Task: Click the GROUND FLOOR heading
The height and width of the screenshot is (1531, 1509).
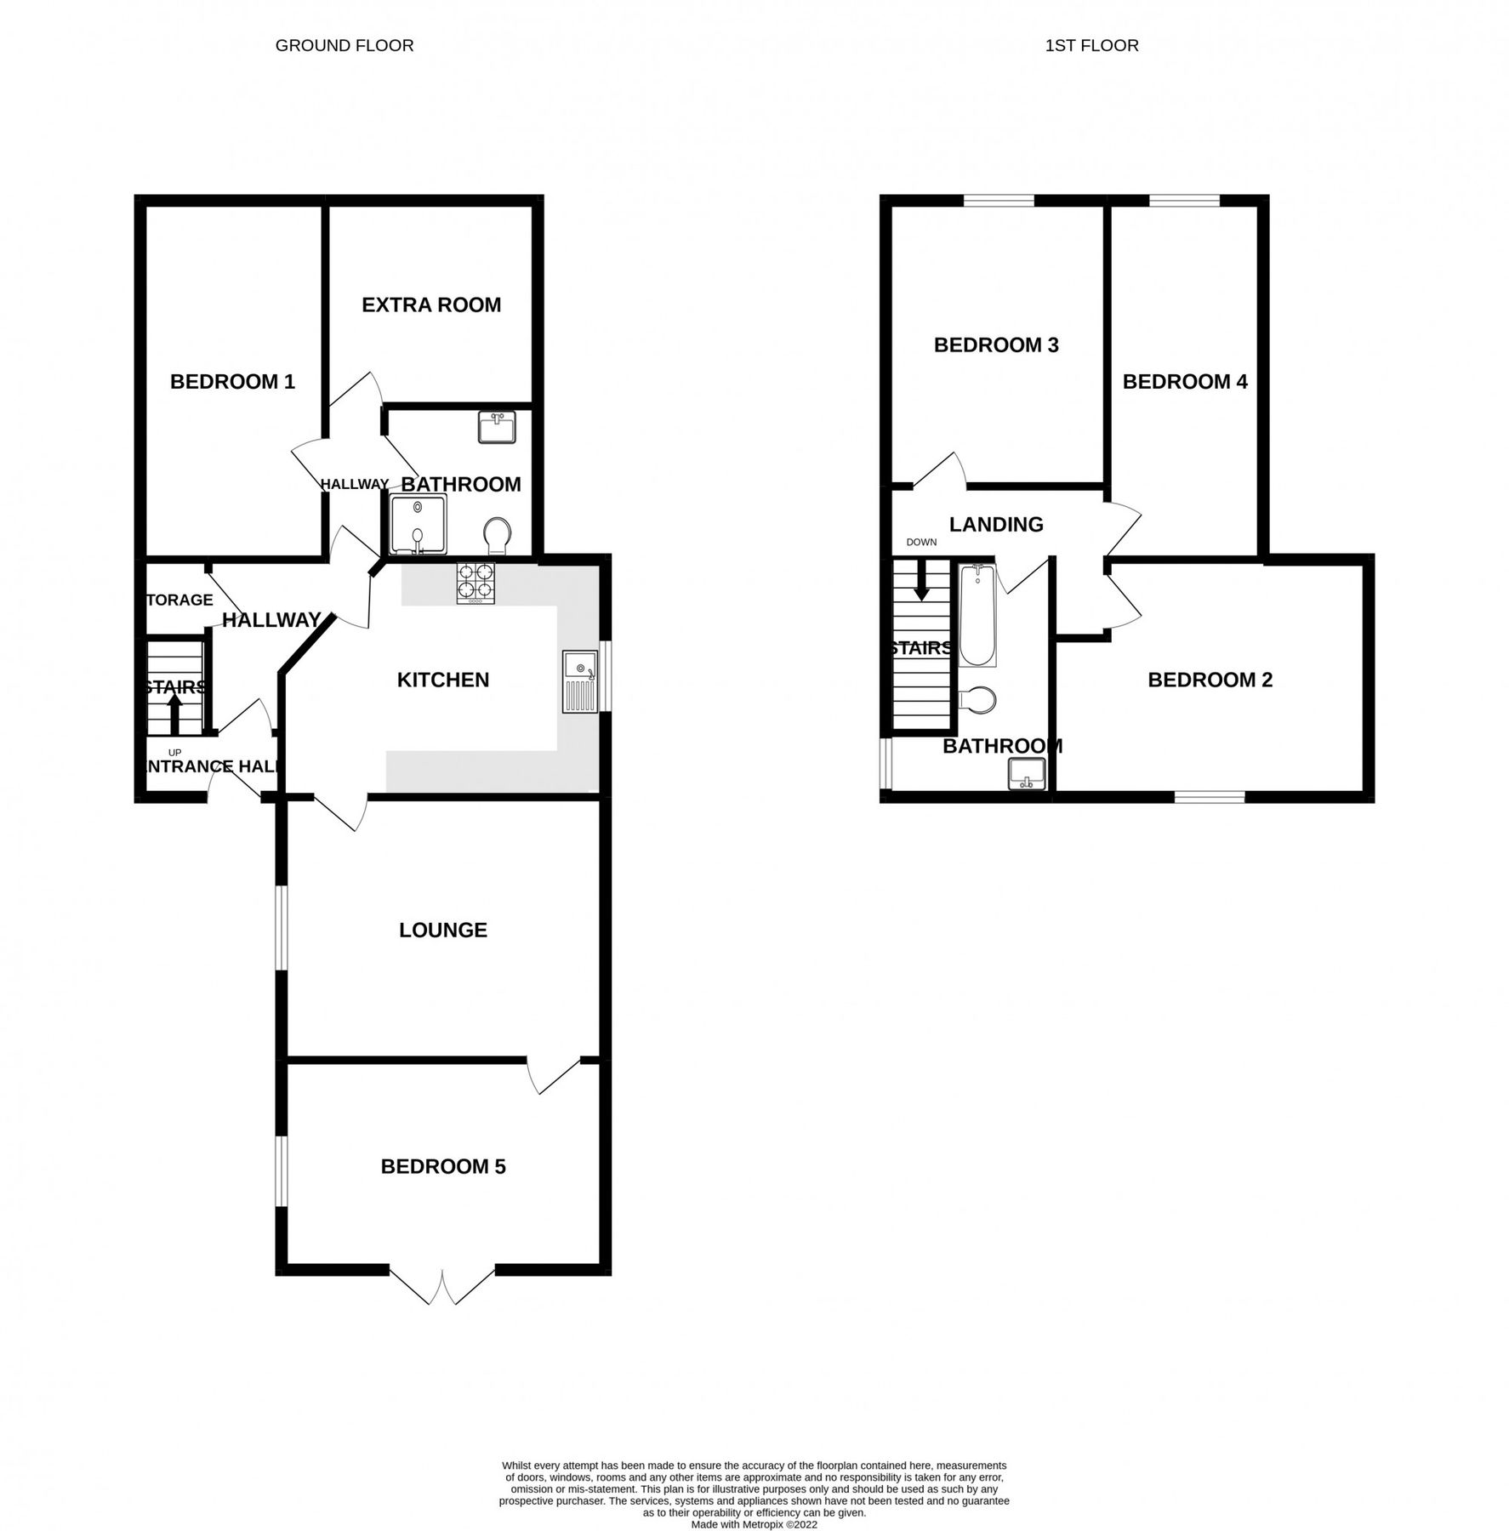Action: tap(345, 46)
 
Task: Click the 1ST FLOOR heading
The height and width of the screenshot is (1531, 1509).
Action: tap(1091, 46)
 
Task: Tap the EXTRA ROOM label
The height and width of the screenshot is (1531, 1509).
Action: tap(431, 304)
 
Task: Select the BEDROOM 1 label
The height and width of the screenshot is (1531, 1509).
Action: tap(232, 381)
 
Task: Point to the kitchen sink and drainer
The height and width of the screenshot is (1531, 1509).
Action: tap(580, 681)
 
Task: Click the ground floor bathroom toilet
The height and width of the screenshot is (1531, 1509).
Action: tap(497, 537)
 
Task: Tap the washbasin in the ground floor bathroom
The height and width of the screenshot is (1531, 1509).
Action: tap(496, 428)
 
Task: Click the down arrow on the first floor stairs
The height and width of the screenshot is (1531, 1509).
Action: tap(920, 582)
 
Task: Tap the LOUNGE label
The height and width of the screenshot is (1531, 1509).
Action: tap(443, 930)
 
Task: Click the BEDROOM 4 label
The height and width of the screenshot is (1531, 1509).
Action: tap(1185, 381)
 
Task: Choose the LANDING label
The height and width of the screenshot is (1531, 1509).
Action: tap(996, 524)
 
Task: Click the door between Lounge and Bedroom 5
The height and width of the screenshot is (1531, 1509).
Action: tap(555, 1075)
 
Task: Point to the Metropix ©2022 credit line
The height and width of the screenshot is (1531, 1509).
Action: tap(754, 1525)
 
